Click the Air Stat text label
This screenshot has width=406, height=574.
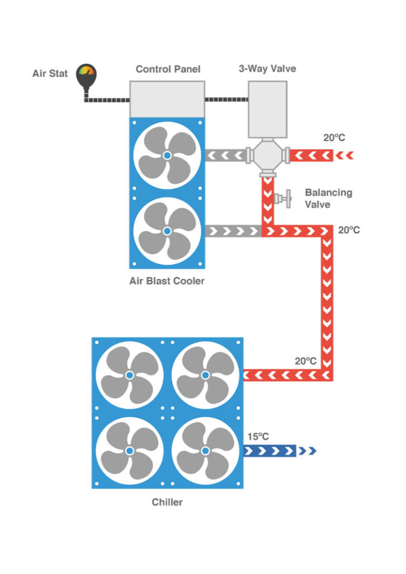click(50, 73)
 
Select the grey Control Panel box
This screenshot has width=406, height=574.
click(167, 99)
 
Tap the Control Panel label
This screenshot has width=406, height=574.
click(168, 69)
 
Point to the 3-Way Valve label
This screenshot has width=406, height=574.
click(267, 68)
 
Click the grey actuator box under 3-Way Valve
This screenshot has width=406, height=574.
click(267, 109)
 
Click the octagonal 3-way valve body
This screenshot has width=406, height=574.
click(267, 156)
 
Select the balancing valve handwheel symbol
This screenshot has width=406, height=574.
click(284, 199)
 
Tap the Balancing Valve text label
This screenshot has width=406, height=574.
click(329, 198)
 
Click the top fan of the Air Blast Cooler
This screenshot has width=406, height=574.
click(167, 155)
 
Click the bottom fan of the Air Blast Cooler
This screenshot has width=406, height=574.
click(167, 231)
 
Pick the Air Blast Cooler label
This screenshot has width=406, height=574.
click(167, 281)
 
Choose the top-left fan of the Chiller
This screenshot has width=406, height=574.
click(130, 375)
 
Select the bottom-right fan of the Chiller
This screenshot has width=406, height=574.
click(205, 451)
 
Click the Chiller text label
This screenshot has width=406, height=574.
click(167, 502)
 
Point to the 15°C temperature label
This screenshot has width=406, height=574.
click(258, 437)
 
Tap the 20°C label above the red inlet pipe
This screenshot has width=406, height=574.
click(334, 138)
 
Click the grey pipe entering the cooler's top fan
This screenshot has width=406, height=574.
click(225, 156)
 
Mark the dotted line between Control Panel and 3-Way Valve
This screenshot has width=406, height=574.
click(227, 99)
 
